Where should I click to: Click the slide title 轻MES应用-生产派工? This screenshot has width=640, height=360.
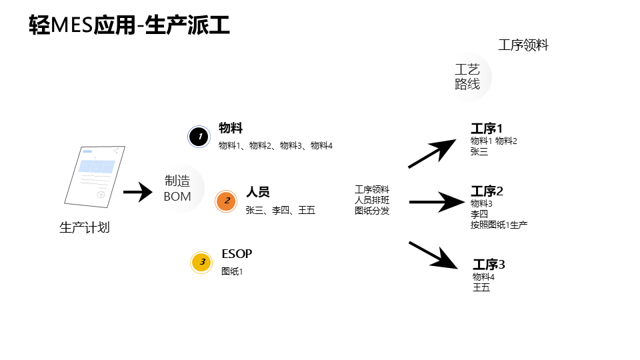click(x=129, y=25)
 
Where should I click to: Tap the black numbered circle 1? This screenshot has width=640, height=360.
click(x=199, y=137)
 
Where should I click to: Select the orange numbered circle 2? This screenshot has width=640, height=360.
click(x=227, y=201)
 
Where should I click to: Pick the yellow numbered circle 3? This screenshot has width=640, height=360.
click(x=201, y=263)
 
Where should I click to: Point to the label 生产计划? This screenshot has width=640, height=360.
click(x=85, y=228)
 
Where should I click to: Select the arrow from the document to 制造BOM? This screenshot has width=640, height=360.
click(x=138, y=192)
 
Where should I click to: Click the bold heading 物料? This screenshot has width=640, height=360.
click(x=231, y=129)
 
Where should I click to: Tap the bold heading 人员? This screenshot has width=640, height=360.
click(x=258, y=193)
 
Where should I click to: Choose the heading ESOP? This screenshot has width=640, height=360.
click(x=237, y=254)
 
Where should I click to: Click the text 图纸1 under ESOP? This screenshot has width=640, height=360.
click(x=232, y=271)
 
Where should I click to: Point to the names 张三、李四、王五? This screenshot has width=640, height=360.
click(x=280, y=211)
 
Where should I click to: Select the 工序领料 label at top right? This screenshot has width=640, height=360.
click(x=523, y=45)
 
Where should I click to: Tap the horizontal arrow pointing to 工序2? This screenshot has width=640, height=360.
click(x=431, y=201)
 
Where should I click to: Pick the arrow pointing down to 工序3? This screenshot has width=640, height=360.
click(x=433, y=254)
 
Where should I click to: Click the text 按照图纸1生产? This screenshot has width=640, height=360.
click(x=499, y=225)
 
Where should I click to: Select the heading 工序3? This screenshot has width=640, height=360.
click(x=489, y=265)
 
